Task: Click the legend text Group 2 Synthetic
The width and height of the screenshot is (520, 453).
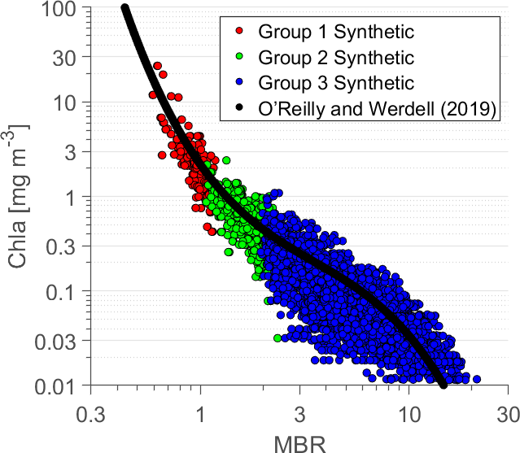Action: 336,59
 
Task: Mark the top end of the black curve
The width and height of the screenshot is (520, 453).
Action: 125,9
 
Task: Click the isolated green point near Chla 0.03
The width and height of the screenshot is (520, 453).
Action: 277,338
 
